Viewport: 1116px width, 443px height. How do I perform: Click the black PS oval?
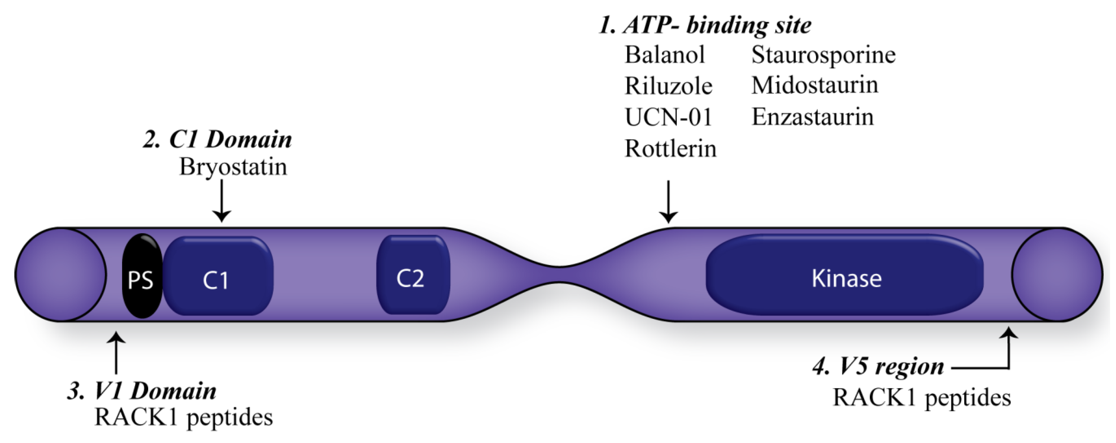pyautogui.click(x=142, y=276)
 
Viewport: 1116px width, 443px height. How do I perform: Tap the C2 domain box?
pyautogui.click(x=412, y=275)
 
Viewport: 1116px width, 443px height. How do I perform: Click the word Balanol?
pyautogui.click(x=664, y=55)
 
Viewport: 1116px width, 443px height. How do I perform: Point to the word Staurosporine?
pyautogui.click(x=823, y=55)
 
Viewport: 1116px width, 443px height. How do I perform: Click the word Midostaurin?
pyautogui.click(x=815, y=85)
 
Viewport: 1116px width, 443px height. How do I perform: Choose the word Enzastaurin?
pyautogui.click(x=812, y=117)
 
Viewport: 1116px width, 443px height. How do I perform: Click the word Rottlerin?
pyautogui.click(x=670, y=149)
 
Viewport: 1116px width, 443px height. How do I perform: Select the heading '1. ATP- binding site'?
pyautogui.click(x=705, y=25)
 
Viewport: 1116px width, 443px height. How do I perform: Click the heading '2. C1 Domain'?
pyautogui.click(x=218, y=140)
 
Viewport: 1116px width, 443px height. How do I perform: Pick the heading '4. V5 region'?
pyautogui.click(x=878, y=367)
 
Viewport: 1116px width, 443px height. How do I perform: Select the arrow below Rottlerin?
pyautogui.click(x=669, y=202)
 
